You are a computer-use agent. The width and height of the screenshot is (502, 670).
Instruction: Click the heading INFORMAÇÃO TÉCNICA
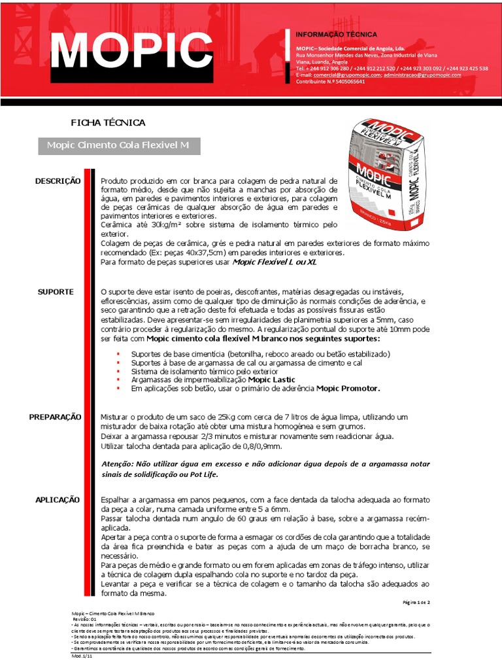click(337, 34)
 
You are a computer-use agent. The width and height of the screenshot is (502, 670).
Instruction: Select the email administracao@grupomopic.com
click(422, 75)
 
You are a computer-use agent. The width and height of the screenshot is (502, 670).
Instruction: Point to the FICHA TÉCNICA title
click(108, 122)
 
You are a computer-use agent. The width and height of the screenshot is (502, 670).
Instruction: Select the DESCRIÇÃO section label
click(58, 181)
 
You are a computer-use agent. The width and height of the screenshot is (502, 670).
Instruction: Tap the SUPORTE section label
click(56, 291)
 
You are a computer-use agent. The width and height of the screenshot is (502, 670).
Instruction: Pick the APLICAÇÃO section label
click(58, 499)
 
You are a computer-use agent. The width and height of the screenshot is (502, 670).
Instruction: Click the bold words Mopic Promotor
click(348, 388)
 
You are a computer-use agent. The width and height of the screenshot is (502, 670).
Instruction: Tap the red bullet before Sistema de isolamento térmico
click(118, 371)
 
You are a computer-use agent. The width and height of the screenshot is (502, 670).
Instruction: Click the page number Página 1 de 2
click(414, 602)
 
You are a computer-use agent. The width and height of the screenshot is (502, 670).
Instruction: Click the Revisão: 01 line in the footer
click(84, 618)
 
